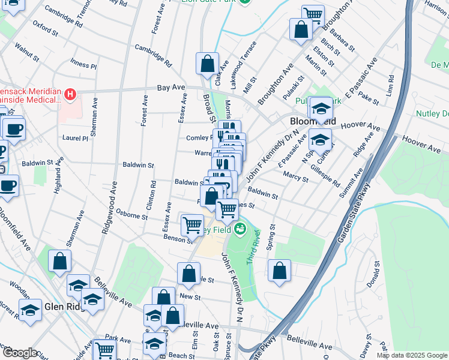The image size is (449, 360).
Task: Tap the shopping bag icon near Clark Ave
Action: pyautogui.click(x=207, y=64)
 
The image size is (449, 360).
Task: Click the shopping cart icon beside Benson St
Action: pyautogui.click(x=192, y=225)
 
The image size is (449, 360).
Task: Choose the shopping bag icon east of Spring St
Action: pyautogui.click(x=279, y=271)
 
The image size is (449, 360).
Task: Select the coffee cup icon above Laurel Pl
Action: pyautogui.click(x=13, y=128)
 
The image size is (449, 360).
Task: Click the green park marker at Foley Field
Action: pyautogui.click(x=240, y=229)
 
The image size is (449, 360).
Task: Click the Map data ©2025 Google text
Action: pyautogui.click(x=412, y=355)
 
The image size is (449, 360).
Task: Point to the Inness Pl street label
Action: pyautogui.click(x=83, y=65)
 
